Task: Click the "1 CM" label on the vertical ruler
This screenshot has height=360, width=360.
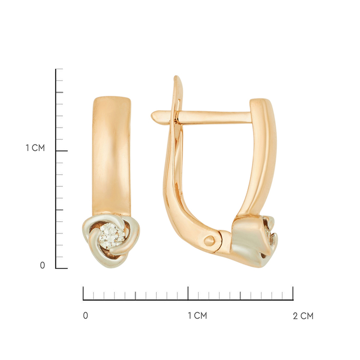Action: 35,148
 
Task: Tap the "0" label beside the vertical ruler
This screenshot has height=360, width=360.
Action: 42,265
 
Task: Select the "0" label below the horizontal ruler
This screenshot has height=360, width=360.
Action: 85,316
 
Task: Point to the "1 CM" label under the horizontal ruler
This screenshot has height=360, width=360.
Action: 197,316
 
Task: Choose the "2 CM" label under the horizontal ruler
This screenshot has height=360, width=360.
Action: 303,316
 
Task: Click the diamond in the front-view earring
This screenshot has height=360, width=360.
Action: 112,236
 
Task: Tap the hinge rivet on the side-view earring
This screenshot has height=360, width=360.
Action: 210,241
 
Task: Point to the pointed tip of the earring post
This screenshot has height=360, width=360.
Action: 152,115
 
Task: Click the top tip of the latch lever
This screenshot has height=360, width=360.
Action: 176,76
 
